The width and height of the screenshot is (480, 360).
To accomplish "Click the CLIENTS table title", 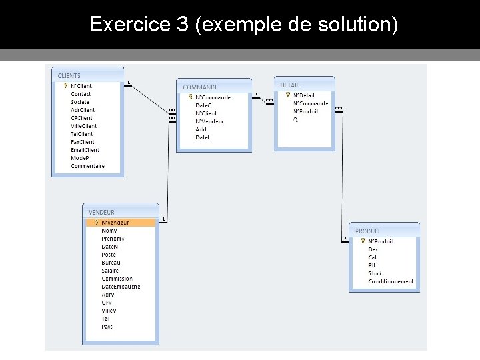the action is point(69,76).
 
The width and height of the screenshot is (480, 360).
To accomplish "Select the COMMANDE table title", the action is point(200,87).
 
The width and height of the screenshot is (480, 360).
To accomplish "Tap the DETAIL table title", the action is point(289,85).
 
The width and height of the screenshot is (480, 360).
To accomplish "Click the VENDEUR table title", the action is point(101,212).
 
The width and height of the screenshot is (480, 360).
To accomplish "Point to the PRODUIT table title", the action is point(367,231).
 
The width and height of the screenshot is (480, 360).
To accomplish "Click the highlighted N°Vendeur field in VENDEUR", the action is point(115,223).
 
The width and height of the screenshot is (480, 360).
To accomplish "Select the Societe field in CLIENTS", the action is point(80,102).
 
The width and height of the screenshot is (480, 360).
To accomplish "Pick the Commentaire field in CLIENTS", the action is point(87,166).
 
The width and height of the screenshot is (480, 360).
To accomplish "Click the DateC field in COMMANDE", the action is point(203,105).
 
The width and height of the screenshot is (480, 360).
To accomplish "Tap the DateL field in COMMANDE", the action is point(203,137).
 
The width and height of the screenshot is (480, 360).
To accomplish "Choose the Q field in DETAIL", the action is point(295,119).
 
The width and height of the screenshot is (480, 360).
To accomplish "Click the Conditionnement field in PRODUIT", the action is point(391,281).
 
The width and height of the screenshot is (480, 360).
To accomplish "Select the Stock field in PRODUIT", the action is point(375,273).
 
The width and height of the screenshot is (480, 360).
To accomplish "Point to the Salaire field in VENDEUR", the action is point(110,271).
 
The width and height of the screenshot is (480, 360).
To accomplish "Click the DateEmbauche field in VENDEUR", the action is point(121,287).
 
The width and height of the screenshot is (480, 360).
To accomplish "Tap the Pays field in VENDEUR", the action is point(107,327).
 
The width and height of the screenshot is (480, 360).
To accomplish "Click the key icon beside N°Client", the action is point(65,86).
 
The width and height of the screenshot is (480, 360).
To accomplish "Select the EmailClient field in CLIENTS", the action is point(85,150).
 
